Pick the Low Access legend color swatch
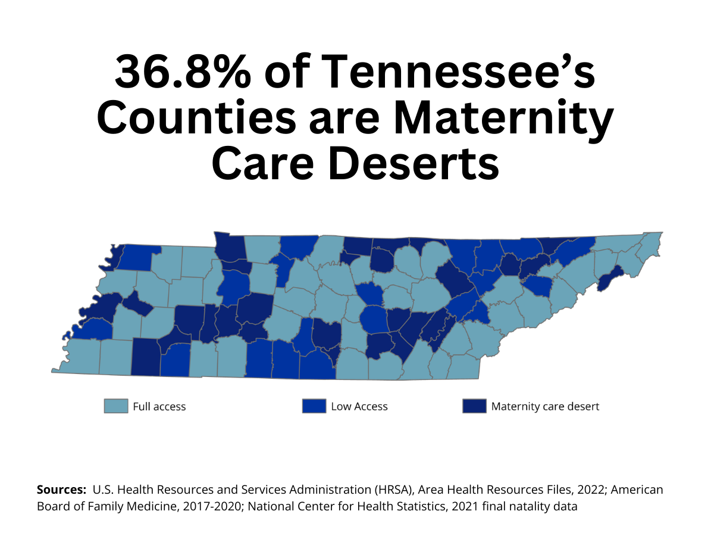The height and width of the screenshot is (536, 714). click(314, 406)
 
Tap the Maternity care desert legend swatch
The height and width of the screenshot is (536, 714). click(474, 406)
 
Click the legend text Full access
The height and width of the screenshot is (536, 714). click(159, 407)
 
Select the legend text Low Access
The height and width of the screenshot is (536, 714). click(359, 407)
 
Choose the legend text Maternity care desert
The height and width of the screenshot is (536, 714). click(545, 407)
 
